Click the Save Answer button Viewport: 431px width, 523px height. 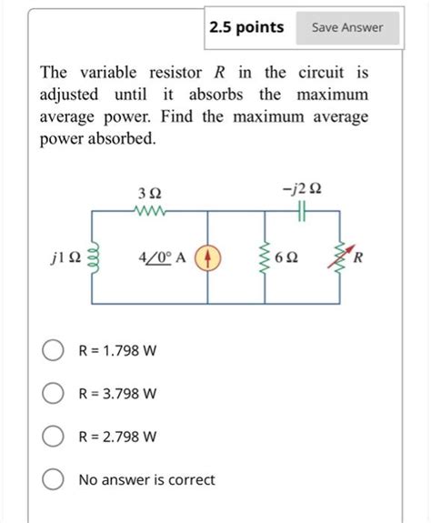point(347,27)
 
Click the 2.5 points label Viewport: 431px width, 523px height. point(246,27)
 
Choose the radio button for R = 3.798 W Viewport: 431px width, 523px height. point(53,394)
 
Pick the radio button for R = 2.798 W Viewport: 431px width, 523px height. point(53,437)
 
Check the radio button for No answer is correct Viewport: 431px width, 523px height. point(53,479)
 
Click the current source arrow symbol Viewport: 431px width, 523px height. point(210,257)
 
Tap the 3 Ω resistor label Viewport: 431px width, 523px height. point(149,193)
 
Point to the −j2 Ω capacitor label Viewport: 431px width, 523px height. point(302,190)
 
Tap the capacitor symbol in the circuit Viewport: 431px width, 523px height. point(302,212)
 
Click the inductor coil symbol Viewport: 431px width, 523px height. point(91,257)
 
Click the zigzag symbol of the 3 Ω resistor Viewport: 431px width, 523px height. point(147,212)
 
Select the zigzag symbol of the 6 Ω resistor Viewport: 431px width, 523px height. point(266,257)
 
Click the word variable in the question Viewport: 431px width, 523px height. point(105,72)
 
